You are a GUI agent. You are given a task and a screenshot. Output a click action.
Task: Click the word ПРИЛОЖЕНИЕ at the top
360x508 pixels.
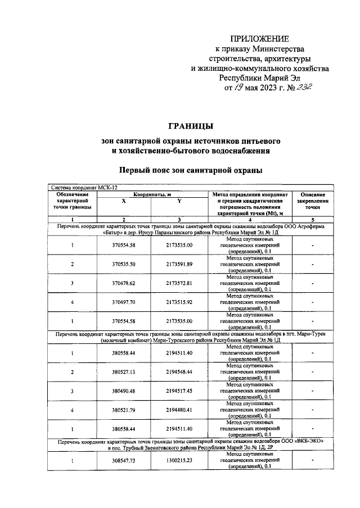(x=260, y=39)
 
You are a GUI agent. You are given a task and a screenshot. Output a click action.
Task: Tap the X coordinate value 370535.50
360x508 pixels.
(x=124, y=264)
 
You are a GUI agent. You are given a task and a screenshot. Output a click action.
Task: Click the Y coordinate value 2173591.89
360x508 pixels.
(x=179, y=264)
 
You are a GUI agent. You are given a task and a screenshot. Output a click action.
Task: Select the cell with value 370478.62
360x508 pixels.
(x=124, y=283)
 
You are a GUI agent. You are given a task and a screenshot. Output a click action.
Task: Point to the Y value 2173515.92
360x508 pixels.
(x=179, y=302)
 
